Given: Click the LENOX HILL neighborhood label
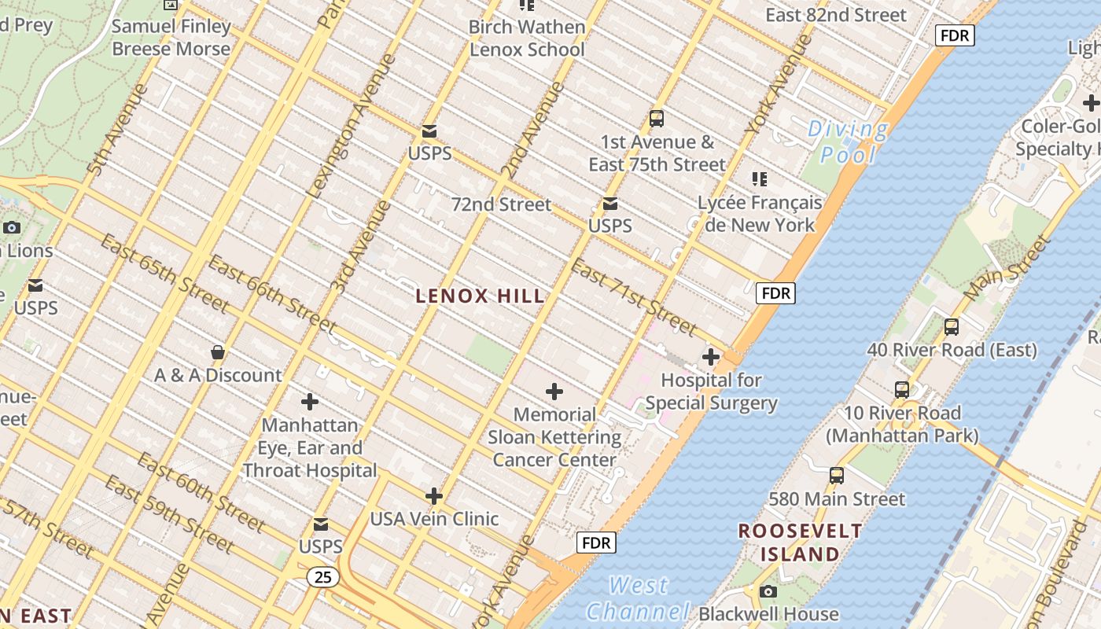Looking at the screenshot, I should pos(480,296).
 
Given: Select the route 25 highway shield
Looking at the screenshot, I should pos(322,577).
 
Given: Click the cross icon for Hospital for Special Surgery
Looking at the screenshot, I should pos(711,357).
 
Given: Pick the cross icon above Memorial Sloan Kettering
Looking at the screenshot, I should pos(554,392).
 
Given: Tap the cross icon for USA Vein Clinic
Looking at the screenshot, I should pos(434,496).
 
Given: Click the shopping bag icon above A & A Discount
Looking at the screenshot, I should pos(218,352).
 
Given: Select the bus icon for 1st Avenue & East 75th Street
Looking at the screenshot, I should pos(657,119).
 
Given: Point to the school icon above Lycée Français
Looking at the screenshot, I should pos(759,179).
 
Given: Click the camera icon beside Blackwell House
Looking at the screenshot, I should pos(768,591).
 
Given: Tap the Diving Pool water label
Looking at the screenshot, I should pos(848,142).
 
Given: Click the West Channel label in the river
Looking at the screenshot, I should pos(638,598).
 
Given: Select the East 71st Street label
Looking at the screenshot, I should pos(634,297).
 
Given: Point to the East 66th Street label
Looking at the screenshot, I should pos(272,293).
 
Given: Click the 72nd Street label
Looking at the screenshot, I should pos(501,204).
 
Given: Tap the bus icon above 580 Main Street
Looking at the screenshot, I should pos(837,476).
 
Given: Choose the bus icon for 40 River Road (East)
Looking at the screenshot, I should pos(952,326).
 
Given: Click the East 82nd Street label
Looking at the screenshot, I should pos(835,15).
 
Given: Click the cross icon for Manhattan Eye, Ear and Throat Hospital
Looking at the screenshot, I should pos(310,402).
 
